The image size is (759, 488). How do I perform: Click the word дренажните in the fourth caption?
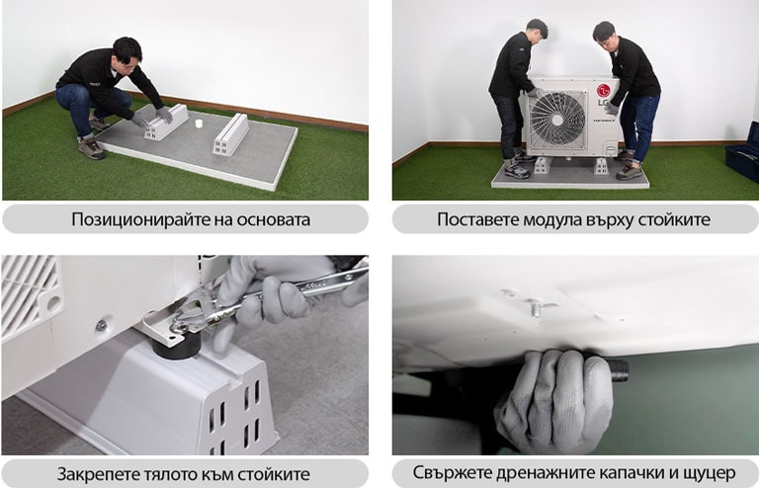pyautogui.click(x=561, y=473)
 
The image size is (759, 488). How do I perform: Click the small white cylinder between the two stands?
pyautogui.click(x=199, y=124)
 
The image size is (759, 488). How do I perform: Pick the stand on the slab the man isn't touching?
pyautogui.click(x=231, y=133)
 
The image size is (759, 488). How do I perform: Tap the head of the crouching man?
pyautogui.click(x=126, y=50)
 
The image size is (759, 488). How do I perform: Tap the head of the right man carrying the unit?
pyautogui.click(x=604, y=31)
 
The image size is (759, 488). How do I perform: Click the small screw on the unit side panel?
pyautogui.click(x=101, y=325)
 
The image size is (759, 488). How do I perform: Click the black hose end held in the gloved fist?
pyautogui.click(x=616, y=371)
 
